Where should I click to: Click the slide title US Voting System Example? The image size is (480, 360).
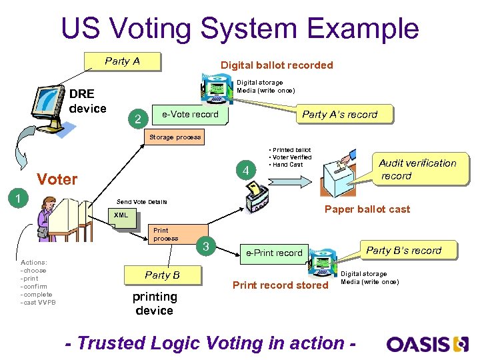239,29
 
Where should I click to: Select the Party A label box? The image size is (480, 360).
123,61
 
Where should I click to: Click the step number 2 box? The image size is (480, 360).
137,119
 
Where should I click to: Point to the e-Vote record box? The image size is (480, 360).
191,114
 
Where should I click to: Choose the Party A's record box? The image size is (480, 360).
339,115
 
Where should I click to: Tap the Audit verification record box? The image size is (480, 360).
417,169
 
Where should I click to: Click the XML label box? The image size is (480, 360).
121,215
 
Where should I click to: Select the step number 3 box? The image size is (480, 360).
207,247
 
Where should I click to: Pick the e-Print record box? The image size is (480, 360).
274,253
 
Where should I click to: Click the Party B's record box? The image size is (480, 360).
403,251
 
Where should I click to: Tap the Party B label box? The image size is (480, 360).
162,275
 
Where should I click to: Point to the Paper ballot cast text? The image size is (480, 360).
367,209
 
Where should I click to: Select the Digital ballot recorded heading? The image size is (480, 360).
277,65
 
